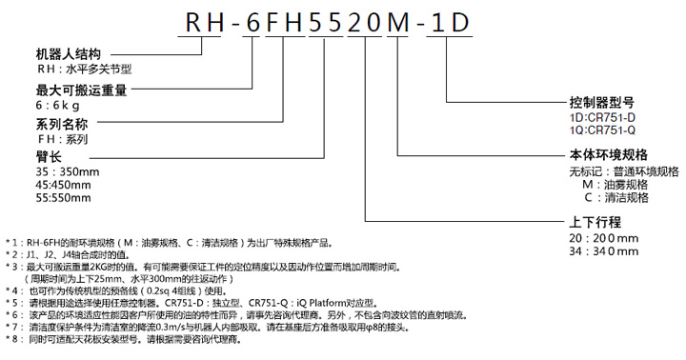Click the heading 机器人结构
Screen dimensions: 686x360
coord(69,54)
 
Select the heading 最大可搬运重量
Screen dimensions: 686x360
coord(81,90)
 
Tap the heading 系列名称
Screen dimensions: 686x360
coord(62,125)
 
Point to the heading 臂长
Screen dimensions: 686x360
coord(49,156)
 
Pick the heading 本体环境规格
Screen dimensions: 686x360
coord(609,155)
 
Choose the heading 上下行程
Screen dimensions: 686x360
coord(595,222)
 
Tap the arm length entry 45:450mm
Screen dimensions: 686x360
coord(64,185)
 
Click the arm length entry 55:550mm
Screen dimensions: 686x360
coord(64,198)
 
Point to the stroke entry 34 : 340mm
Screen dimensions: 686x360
coord(604,251)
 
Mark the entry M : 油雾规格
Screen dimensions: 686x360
coord(615,185)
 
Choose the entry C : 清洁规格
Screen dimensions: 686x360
coord(616,198)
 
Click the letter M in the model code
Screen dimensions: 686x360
coord(398,23)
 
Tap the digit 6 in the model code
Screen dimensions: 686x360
coord(252,23)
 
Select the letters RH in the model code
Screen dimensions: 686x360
coord(205,23)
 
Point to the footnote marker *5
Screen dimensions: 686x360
coord(12,303)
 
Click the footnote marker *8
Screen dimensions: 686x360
coord(12,339)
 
